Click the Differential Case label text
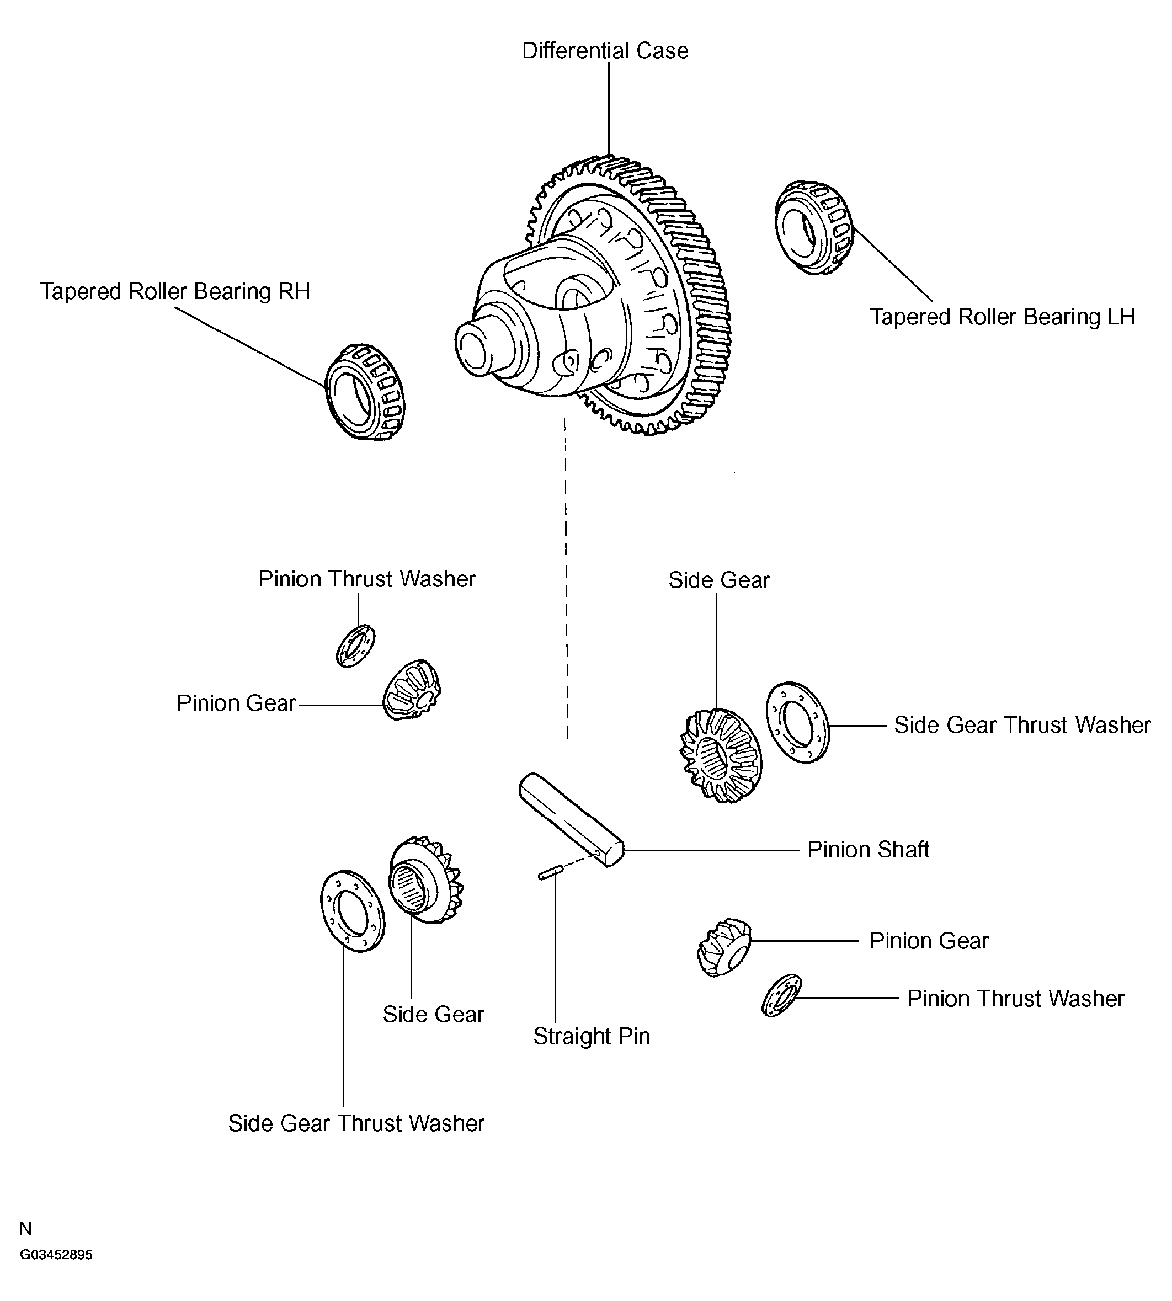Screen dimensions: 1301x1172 pos(605,51)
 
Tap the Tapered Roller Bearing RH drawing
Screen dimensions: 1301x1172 pos(365,392)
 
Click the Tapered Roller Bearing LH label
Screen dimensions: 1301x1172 pos(1002,317)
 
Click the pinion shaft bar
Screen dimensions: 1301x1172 pos(571,820)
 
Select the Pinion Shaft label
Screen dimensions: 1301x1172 pos(867,849)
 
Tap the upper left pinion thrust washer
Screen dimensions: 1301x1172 pos(355,645)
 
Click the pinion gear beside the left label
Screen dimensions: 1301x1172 pos(412,690)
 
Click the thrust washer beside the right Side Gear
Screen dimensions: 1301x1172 pos(797,722)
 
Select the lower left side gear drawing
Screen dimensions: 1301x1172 pos(425,880)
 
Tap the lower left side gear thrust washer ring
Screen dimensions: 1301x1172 pos(351,911)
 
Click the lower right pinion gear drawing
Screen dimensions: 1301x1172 pos(724,947)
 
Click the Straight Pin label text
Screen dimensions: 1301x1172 pos(591,1036)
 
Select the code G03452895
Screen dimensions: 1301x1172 pos(56,1255)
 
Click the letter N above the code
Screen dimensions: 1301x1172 pos(26,1229)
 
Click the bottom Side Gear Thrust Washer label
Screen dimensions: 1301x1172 pos(356,1123)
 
